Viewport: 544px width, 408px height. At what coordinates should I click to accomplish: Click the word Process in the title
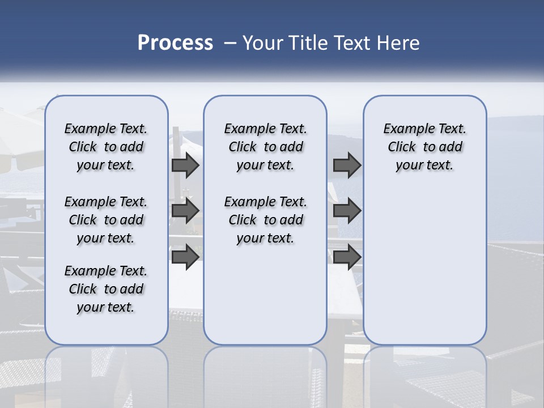point(175,43)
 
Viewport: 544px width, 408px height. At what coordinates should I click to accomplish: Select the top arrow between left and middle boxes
point(185,165)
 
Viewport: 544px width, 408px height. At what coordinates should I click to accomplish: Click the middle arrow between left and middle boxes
point(185,211)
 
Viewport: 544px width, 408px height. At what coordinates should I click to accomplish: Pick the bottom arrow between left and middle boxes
point(185,257)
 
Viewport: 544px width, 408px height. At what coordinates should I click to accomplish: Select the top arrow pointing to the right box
point(347,165)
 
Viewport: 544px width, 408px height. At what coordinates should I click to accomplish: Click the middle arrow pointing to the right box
point(347,211)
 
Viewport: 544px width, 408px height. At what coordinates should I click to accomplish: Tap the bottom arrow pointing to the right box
point(347,257)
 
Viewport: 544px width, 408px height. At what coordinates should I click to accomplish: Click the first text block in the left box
point(106,147)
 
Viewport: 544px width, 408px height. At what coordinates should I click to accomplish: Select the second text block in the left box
point(106,220)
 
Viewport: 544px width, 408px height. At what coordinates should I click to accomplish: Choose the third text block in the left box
point(106,289)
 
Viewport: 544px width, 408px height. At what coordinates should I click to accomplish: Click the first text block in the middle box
point(265,147)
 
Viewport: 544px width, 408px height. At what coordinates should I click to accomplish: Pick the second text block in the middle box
point(265,220)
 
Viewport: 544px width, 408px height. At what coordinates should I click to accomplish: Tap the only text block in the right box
point(424,147)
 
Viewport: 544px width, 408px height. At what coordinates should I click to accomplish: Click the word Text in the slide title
point(352,43)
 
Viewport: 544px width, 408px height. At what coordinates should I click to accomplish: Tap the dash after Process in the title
point(230,43)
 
